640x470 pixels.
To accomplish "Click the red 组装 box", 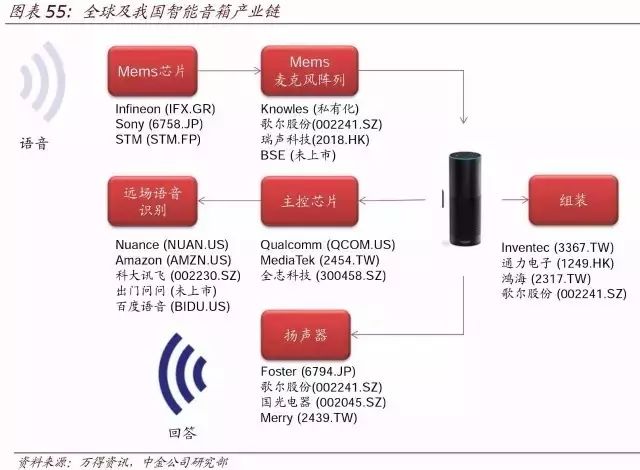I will point(572,200).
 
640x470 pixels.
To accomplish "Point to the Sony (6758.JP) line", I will point(158,123).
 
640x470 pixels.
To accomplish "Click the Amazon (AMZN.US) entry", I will point(166,260).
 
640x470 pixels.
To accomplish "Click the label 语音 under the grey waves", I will point(34,143).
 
